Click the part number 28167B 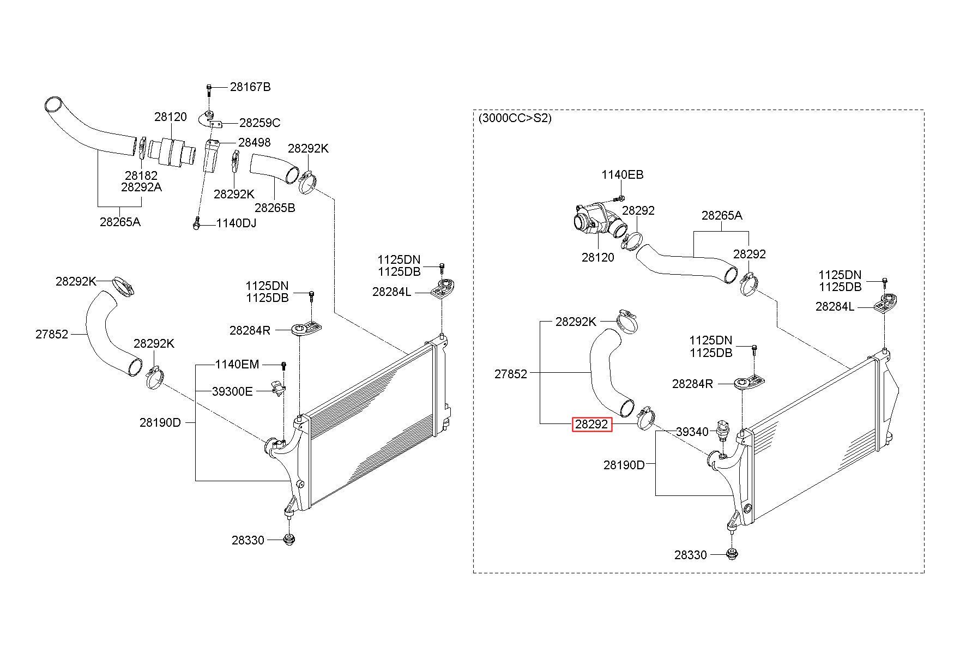(250, 87)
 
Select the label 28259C (260, 123)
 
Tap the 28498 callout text (255, 142)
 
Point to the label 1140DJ (236, 223)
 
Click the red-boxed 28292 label (592, 425)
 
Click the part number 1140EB (623, 175)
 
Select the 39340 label (692, 432)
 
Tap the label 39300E (232, 391)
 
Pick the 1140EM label (237, 364)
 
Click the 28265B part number (275, 208)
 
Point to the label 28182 (141, 175)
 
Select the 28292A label (141, 187)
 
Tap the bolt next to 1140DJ (196, 223)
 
